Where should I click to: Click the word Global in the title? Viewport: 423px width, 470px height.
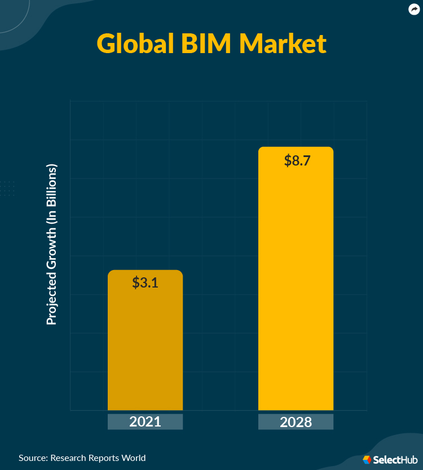click(x=135, y=44)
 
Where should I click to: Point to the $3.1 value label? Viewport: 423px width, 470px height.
click(x=145, y=282)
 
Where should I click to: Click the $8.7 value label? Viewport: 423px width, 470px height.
click(x=297, y=160)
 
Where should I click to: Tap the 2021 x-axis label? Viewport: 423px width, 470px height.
click(x=145, y=421)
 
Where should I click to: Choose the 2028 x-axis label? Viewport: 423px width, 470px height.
click(x=296, y=422)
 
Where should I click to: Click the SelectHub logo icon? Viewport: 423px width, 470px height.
click(x=367, y=460)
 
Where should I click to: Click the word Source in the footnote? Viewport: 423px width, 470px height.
click(x=33, y=458)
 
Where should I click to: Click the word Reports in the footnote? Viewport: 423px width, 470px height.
click(x=103, y=458)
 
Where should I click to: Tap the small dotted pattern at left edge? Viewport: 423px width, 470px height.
click(x=7, y=189)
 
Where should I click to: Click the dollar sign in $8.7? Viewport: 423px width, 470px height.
click(x=288, y=160)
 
